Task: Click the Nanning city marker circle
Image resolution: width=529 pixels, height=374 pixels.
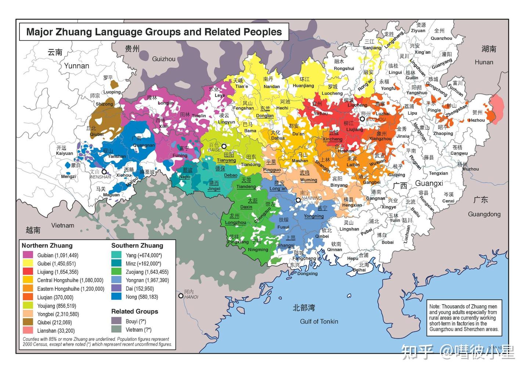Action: (298, 200)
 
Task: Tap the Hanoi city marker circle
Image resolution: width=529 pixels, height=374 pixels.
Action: (181, 296)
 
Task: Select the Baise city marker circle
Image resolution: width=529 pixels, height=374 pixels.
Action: (224, 146)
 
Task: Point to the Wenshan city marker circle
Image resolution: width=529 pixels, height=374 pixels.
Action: (104, 172)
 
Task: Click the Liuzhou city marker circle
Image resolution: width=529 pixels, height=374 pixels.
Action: (362, 119)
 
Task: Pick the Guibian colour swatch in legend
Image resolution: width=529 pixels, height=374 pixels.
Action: (28, 255)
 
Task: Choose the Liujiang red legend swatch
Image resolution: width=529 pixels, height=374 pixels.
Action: (28, 272)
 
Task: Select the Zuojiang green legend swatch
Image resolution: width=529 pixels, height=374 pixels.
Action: (116, 272)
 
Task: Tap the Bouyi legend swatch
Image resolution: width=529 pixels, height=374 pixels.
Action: (116, 321)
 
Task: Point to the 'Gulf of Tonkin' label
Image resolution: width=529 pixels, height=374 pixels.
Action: (319, 321)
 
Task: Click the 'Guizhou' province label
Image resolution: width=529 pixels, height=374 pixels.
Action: (163, 59)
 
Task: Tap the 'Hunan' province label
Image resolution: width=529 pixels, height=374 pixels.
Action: (484, 62)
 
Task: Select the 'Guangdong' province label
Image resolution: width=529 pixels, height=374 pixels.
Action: (484, 214)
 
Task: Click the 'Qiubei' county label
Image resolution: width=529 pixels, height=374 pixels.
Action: (97, 134)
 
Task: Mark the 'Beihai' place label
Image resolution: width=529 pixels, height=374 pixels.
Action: (359, 270)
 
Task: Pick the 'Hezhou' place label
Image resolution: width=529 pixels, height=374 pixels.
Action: (477, 120)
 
